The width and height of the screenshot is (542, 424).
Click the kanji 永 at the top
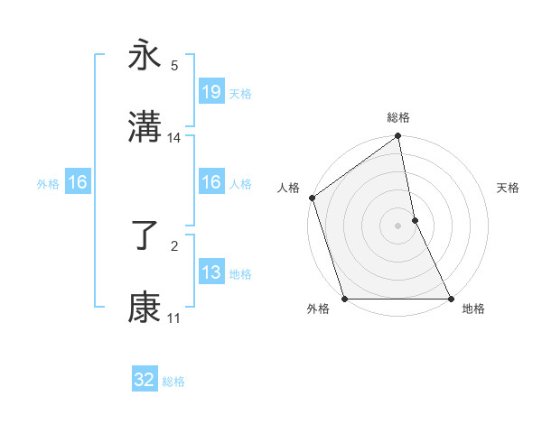coord(145,56)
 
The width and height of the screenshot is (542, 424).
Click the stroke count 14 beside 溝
coord(174,138)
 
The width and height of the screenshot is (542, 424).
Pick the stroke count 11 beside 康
coord(174,318)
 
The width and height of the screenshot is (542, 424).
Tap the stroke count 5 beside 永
coord(174,65)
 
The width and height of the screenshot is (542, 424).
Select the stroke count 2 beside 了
coord(174,244)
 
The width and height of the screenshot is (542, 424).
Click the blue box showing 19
coord(210,91)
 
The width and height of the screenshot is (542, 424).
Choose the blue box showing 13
coord(210,272)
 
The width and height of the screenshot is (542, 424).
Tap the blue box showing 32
coord(145,380)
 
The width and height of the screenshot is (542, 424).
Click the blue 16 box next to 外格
coord(78,182)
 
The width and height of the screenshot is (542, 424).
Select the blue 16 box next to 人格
coord(210,182)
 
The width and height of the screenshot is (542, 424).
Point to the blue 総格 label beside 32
coord(173,382)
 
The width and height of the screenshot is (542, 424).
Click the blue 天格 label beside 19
coord(240,93)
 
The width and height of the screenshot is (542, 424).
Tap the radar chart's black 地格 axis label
coord(473,309)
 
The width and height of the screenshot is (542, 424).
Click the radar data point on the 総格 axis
coord(398,137)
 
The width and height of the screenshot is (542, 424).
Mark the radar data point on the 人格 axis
coord(312,198)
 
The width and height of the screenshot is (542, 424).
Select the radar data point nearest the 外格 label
coord(344,299)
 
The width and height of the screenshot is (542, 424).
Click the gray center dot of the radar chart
coord(398,226)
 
